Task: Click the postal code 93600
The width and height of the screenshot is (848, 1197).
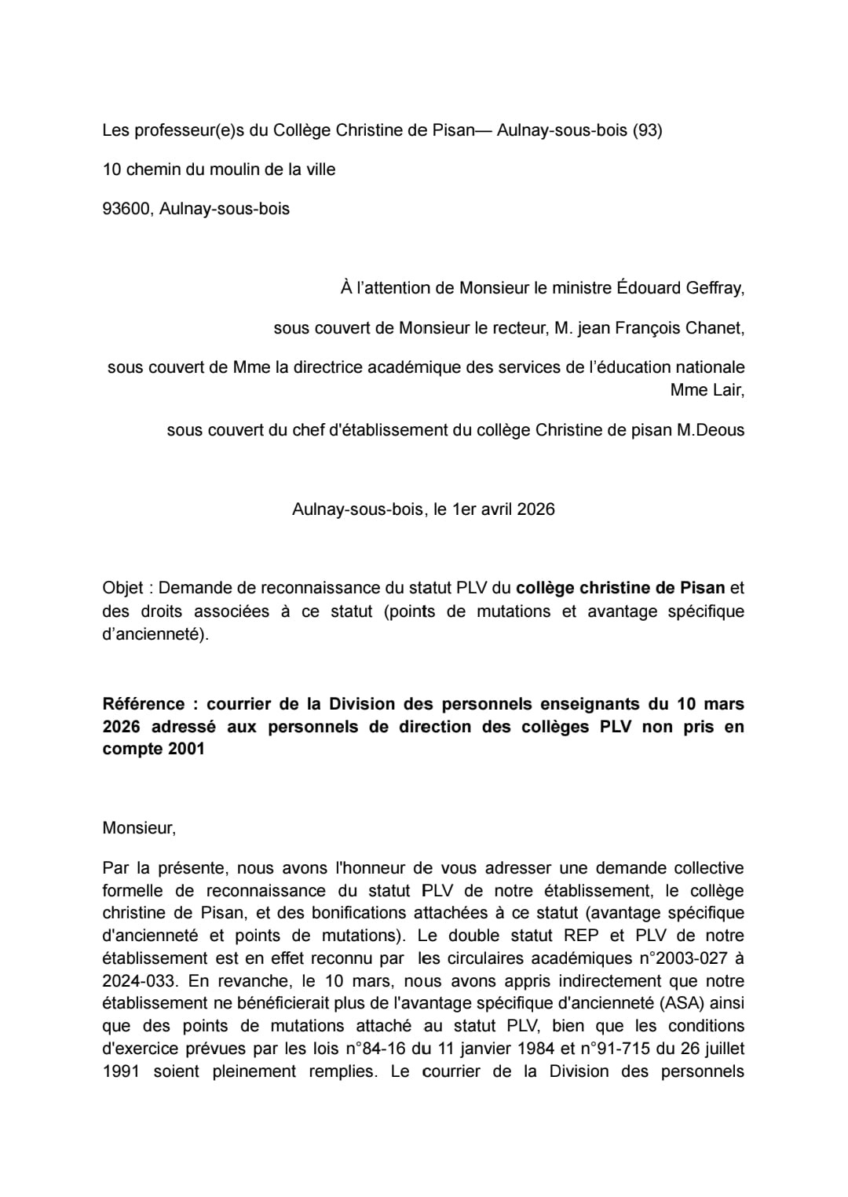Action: pyautogui.click(x=126, y=209)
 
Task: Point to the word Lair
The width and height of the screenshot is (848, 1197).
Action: pyautogui.click(x=728, y=390)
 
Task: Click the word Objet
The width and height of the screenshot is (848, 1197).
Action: pyautogui.click(x=122, y=588)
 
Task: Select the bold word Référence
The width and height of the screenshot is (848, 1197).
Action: pyautogui.click(x=144, y=704)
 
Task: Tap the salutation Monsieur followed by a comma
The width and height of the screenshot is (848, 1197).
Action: pyautogui.click(x=139, y=828)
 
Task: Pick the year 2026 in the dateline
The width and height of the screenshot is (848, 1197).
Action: pyautogui.click(x=536, y=509)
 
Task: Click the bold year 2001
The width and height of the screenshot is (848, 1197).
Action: pyautogui.click(x=186, y=749)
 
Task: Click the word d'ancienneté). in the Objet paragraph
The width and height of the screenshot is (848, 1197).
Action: pyautogui.click(x=155, y=634)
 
